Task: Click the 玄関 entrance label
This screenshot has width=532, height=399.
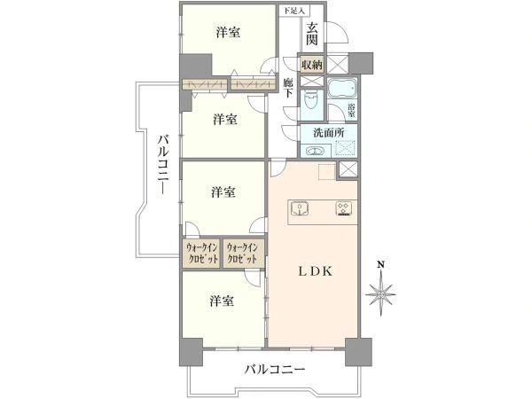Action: (x=312, y=34)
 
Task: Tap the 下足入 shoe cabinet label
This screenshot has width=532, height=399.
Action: (x=293, y=11)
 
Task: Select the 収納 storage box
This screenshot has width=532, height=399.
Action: (x=312, y=65)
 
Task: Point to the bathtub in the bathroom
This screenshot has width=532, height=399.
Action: (x=342, y=88)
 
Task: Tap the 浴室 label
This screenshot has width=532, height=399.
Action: (x=351, y=110)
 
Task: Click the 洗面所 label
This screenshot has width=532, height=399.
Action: (x=328, y=133)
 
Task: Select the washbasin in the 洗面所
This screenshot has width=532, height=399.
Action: (x=316, y=151)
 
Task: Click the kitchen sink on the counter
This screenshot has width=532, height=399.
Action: (x=300, y=208)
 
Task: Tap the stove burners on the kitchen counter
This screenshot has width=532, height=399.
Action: (x=344, y=208)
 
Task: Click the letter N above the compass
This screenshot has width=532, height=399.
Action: (x=381, y=264)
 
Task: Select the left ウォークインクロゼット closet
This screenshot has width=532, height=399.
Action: (x=202, y=253)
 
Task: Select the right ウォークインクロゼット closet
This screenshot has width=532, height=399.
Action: (x=243, y=253)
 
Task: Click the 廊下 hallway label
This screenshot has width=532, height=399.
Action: (x=288, y=87)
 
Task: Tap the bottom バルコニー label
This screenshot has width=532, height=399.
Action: (x=275, y=369)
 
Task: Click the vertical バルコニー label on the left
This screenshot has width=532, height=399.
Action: (x=164, y=164)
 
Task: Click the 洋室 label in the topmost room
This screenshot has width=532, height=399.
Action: (x=228, y=32)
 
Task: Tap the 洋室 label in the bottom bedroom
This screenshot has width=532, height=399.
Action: (x=222, y=301)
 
